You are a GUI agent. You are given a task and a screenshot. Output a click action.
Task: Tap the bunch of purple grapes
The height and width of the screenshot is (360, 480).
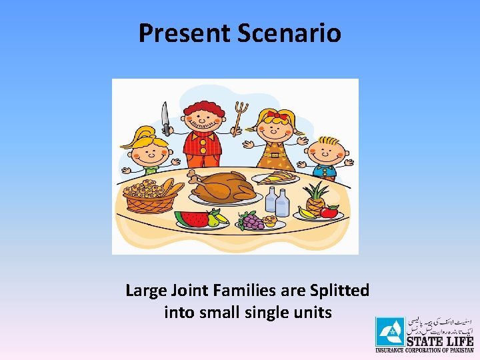coord(251,221)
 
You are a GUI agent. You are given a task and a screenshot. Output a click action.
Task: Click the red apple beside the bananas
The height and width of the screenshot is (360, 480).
coord(328,212)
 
